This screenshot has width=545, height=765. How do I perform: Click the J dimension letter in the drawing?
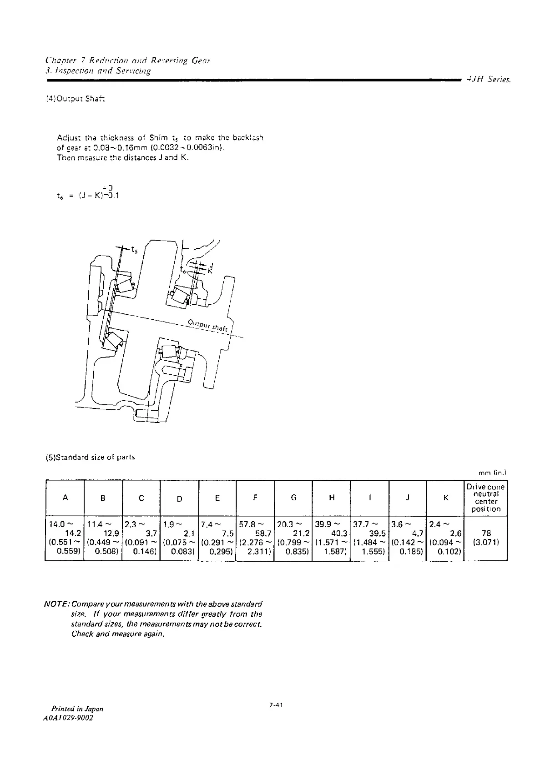pyautogui.click(x=211, y=265)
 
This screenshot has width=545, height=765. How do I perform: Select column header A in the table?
pyautogui.click(x=65, y=498)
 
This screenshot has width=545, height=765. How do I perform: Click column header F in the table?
pyautogui.click(x=255, y=498)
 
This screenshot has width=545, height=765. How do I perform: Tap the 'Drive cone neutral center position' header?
pyautogui.click(x=485, y=498)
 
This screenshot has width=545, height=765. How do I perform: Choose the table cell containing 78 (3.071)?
pyautogui.click(x=485, y=538)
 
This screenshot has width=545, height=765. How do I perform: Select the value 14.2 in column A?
pyautogui.click(x=73, y=533)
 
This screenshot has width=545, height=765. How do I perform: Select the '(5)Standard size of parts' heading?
pyautogui.click(x=91, y=457)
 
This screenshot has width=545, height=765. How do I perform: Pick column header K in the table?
pyautogui.click(x=445, y=498)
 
